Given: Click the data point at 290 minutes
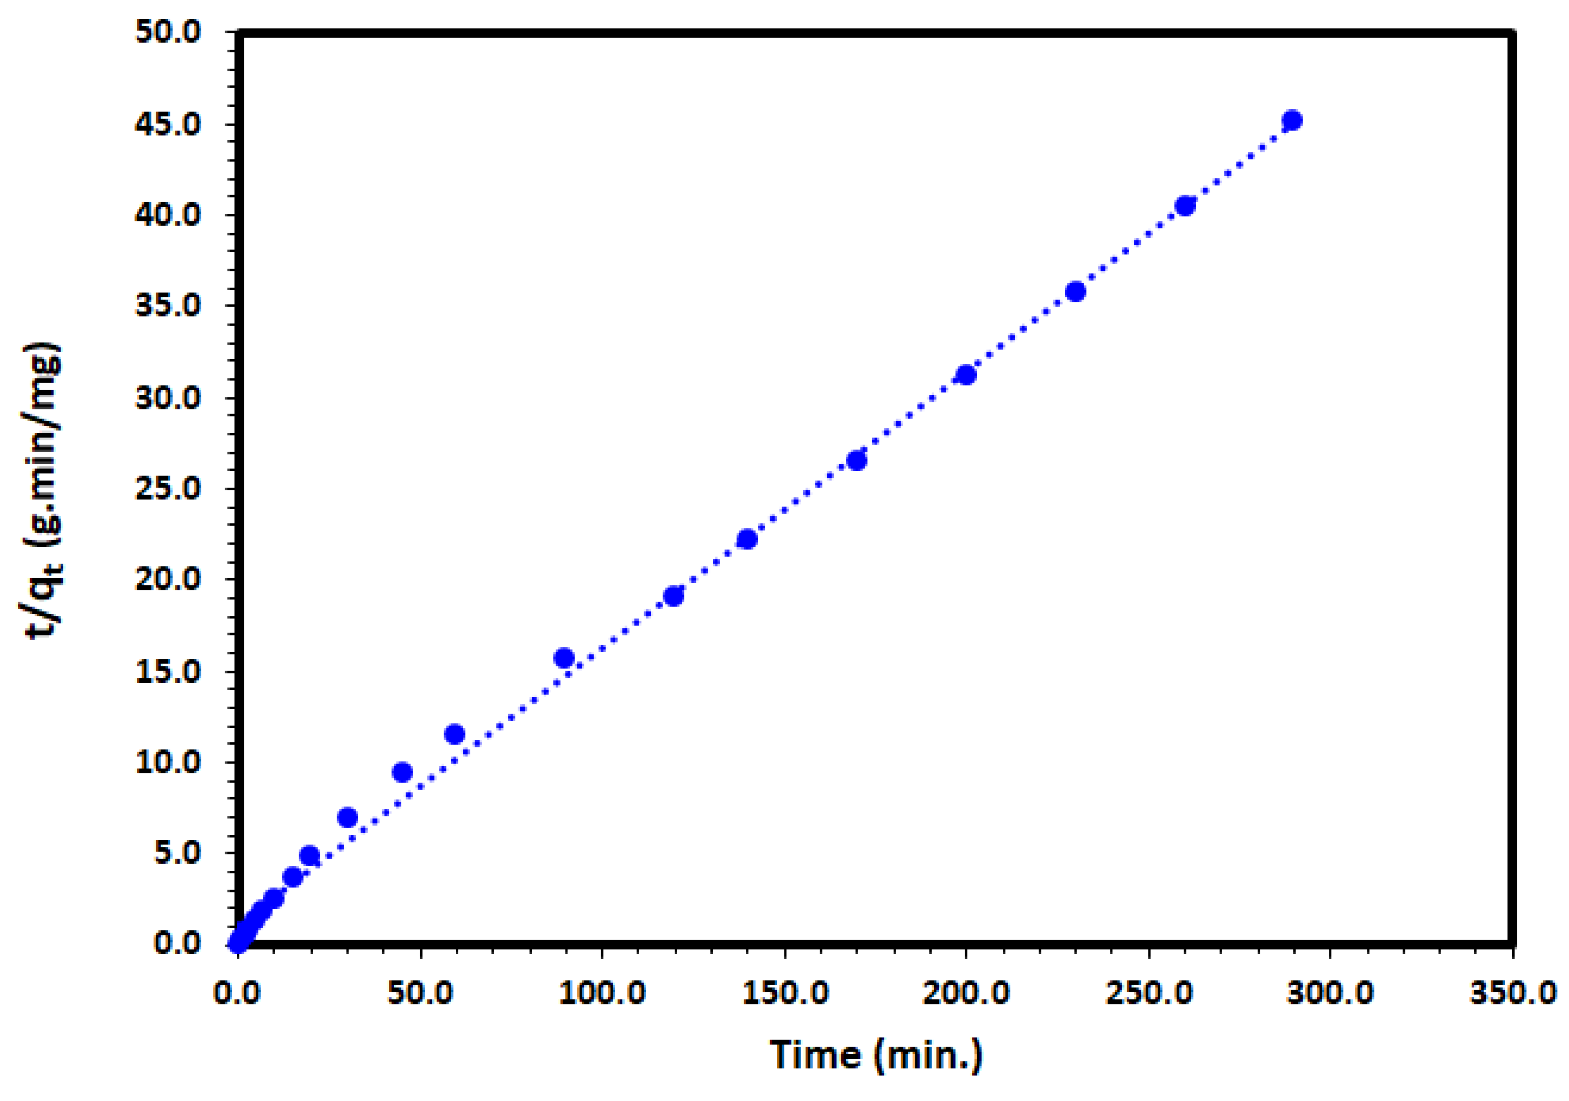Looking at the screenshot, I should tap(1291, 121).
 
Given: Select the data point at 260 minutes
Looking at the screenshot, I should tap(1185, 206).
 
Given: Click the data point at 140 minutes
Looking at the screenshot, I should tap(747, 540).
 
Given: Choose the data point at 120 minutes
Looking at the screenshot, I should tap(674, 596).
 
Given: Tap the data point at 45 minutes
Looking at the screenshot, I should tap(402, 773).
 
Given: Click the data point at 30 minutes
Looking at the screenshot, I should tap(348, 817).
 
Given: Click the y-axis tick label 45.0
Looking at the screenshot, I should tap(168, 124).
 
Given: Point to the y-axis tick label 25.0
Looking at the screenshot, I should tap(168, 490).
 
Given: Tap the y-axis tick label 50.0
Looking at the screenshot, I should tap(168, 33).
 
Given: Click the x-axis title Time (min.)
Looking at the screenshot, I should tap(876, 1055).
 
